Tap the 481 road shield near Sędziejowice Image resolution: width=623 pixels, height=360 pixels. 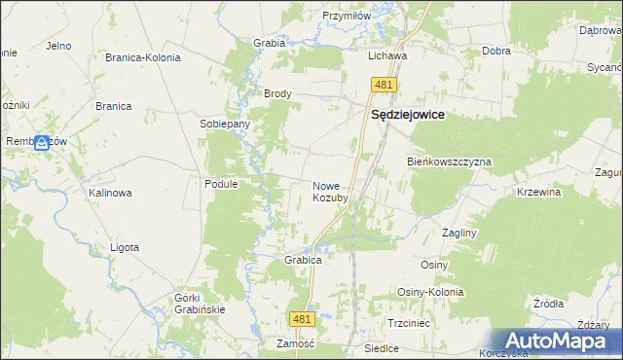382,87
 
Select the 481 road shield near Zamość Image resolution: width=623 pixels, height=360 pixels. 302,319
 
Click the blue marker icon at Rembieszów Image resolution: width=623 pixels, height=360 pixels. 42,143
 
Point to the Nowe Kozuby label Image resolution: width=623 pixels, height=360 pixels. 330,192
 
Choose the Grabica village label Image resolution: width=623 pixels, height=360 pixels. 303,261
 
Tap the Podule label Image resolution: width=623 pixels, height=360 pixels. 221,184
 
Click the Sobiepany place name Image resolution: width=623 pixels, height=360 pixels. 225,125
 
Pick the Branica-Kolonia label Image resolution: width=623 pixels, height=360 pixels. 143,57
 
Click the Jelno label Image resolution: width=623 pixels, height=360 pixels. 58,46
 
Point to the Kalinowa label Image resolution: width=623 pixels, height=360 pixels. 110,193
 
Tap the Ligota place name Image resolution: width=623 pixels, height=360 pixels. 125,247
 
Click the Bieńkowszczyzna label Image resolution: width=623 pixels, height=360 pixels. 449,162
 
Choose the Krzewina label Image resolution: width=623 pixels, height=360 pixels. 539,193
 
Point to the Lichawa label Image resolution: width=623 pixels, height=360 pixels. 386,56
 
